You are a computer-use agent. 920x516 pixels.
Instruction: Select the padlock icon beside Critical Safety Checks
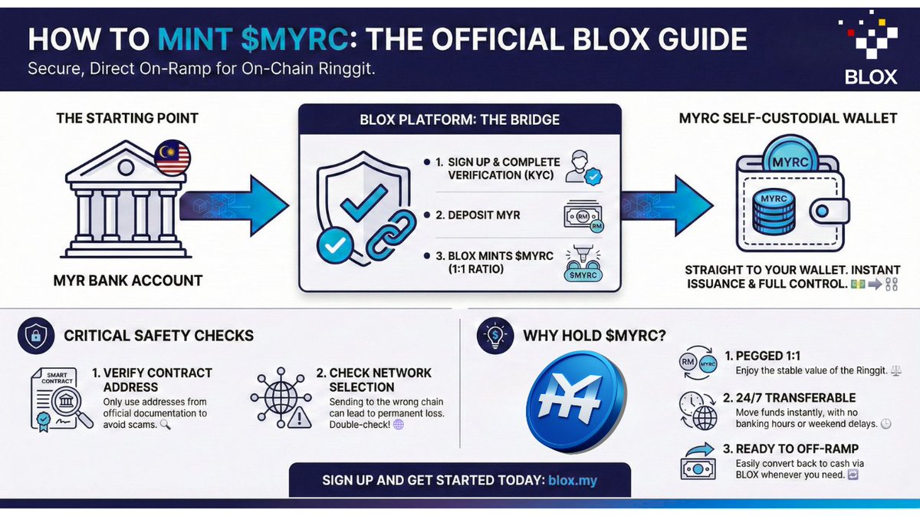(x=34, y=336)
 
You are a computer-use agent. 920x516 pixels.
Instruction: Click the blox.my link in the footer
(x=573, y=481)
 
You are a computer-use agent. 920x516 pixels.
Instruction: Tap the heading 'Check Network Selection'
(x=374, y=380)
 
